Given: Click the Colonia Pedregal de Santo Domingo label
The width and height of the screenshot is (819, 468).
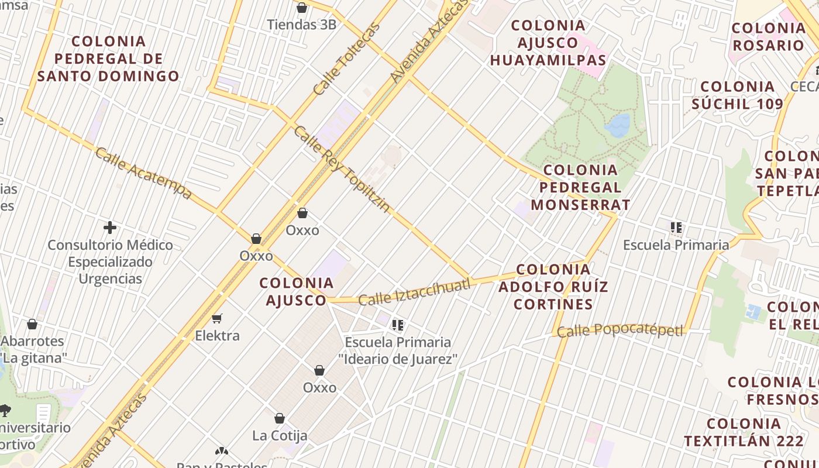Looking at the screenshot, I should click(x=108, y=58).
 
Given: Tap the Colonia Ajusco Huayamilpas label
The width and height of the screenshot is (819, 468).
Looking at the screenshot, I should click(x=548, y=43).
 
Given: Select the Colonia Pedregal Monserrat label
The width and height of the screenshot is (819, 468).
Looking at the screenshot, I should click(x=580, y=187).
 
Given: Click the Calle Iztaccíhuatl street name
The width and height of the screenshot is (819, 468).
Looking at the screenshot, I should click(x=414, y=292).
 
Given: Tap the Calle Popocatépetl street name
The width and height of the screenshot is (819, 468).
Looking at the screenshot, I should click(x=620, y=331).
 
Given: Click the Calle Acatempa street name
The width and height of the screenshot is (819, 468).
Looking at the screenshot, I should click(x=143, y=173).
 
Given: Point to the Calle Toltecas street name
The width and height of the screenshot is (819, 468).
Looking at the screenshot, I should click(x=346, y=59).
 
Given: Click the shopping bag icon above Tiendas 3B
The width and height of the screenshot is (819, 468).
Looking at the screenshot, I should click(x=302, y=8).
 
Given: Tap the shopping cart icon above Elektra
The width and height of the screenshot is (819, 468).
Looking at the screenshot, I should click(x=217, y=319).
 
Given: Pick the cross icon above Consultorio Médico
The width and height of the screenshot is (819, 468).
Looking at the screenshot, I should click(x=110, y=228).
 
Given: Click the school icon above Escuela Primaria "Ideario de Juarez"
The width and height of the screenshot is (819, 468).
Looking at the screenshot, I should click(x=398, y=325).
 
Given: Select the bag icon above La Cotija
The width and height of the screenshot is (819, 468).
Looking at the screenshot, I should click(x=280, y=418).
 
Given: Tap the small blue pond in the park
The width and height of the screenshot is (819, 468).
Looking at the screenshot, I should click(x=618, y=125).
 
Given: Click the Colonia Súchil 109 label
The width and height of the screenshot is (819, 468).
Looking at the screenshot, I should click(x=737, y=95).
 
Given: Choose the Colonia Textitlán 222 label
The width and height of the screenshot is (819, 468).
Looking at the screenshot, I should click(x=743, y=432).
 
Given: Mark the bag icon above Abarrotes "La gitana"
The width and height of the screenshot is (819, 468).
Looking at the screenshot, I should click(x=32, y=324).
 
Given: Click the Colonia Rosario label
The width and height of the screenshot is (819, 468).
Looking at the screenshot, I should click(x=769, y=36).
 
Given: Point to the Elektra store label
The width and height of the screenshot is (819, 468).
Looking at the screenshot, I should click(x=217, y=336).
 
